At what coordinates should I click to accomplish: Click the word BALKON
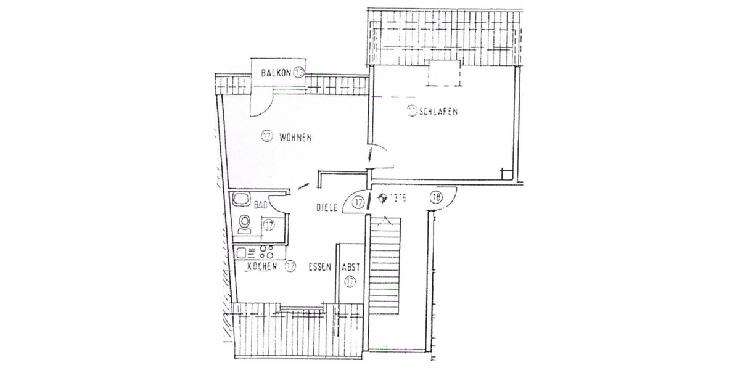(x=276, y=73)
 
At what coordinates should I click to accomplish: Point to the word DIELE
(x=327, y=208)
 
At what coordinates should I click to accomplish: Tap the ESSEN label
(x=321, y=267)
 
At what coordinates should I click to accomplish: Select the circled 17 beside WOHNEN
(x=266, y=137)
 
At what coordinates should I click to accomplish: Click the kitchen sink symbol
(x=241, y=252)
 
